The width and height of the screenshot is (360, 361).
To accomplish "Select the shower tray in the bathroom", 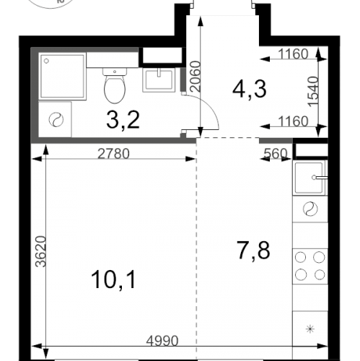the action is (63, 76).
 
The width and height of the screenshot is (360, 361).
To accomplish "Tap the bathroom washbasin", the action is (159, 80).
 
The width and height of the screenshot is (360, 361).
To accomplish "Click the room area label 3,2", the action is (123, 120).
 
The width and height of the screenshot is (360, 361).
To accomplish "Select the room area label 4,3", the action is (250, 89).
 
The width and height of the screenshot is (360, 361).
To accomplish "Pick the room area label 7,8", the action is (253, 251).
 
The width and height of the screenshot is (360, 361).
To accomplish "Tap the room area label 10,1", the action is (113, 279).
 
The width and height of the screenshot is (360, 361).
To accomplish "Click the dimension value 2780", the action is (113, 154).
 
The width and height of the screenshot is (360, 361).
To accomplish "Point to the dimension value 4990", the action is (162, 341).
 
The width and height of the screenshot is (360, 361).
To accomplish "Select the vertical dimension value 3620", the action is (40, 251).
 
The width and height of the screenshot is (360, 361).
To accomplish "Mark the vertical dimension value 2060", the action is (195, 77).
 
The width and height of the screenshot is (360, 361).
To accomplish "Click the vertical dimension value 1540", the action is (313, 92).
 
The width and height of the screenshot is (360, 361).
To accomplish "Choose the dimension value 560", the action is (276, 153).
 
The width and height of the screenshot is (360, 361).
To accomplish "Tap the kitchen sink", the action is (310, 178).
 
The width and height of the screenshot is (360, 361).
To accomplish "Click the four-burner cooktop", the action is (310, 266).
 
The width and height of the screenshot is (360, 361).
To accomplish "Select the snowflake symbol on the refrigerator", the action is (310, 329).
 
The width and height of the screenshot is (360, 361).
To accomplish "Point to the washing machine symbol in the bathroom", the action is (56, 120).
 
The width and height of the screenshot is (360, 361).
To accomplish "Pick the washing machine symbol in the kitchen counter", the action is (310, 209).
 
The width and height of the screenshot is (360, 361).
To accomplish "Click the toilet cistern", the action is (115, 71).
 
